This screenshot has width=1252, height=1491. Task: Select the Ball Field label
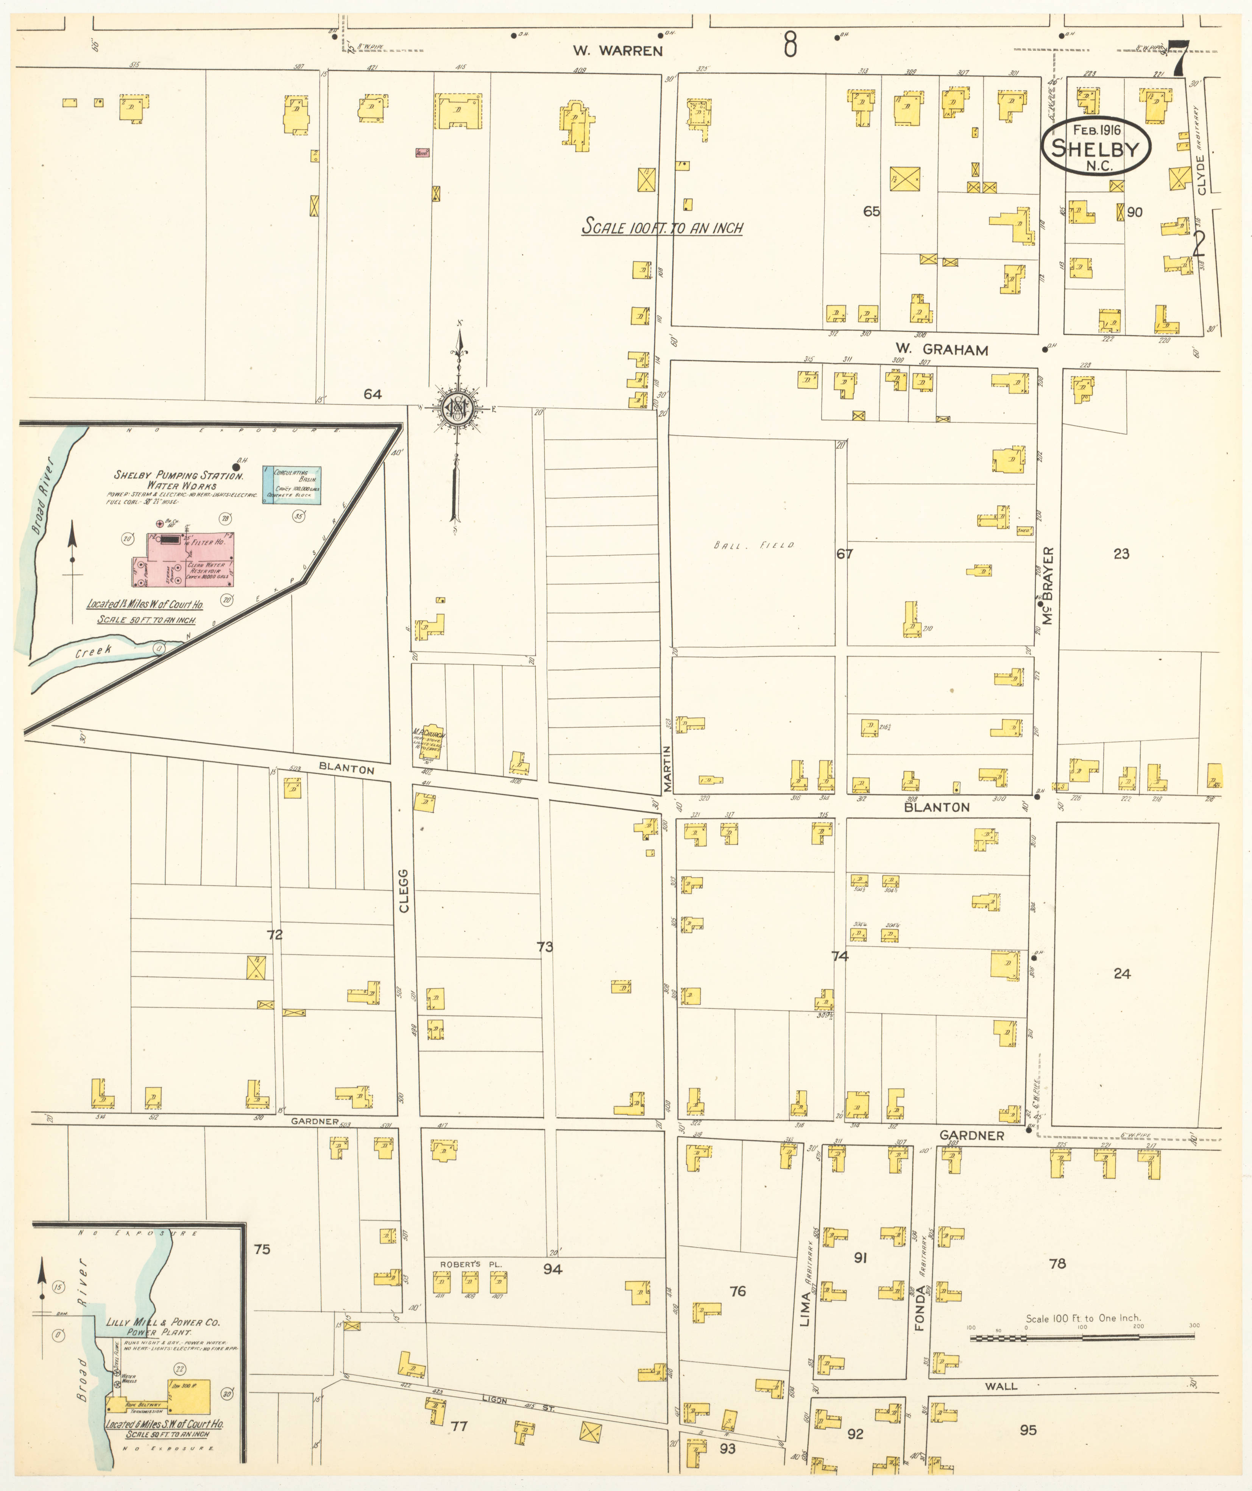[x=754, y=545]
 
